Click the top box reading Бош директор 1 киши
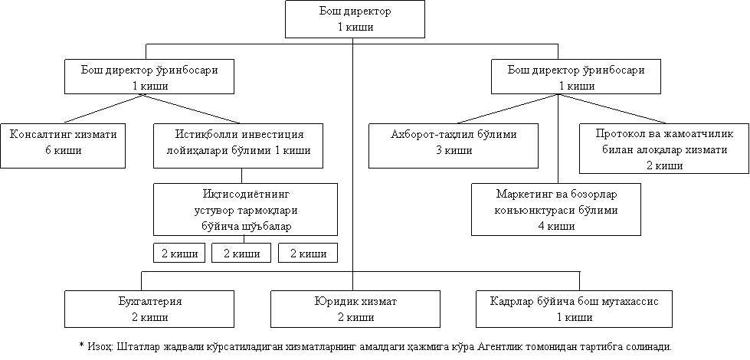(355, 19)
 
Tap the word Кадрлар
(514, 301)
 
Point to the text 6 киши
(63, 150)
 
